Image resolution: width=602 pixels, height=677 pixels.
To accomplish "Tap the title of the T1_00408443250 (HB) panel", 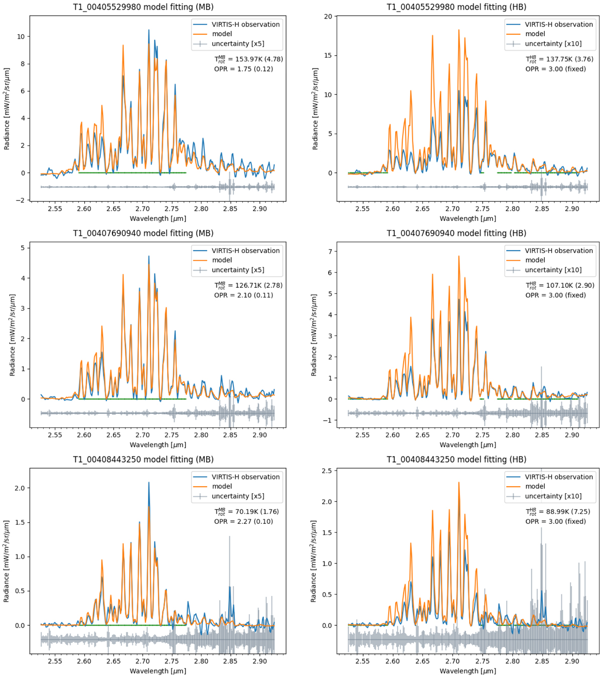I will (x=456, y=459).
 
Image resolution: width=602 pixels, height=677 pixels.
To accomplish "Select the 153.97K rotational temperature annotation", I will (x=248, y=59).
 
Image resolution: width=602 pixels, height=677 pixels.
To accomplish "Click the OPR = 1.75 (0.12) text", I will (x=243, y=69).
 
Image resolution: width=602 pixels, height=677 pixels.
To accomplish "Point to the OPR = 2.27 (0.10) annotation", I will (x=243, y=521).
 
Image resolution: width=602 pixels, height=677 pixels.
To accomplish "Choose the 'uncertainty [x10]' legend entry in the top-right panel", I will (x=553, y=44).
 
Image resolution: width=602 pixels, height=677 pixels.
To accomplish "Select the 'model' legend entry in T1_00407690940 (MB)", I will (x=222, y=260).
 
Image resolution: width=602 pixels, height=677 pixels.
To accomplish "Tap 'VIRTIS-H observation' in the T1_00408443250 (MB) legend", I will (x=245, y=477).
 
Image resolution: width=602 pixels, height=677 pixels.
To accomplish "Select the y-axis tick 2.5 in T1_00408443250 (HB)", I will (x=330, y=471).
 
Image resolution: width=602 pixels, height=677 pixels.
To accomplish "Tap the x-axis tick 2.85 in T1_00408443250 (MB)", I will (x=230, y=661).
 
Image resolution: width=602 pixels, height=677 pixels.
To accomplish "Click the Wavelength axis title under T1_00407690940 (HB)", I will (x=468, y=444).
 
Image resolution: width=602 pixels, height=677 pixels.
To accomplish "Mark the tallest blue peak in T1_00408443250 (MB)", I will (x=148, y=483).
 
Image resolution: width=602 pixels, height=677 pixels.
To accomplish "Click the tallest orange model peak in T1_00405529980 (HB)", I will (x=459, y=30).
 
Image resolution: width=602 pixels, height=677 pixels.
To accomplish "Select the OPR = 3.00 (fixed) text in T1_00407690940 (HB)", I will (x=555, y=295).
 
